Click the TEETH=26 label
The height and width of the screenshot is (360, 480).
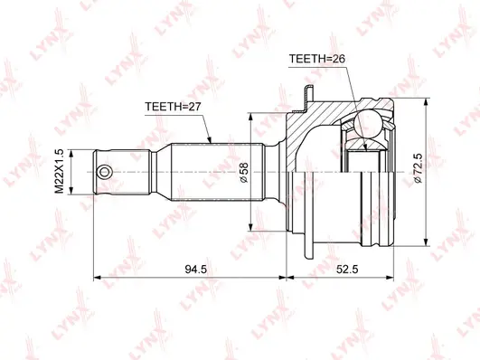317,59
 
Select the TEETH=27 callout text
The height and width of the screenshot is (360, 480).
174,107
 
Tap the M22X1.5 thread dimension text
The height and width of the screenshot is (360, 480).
60,170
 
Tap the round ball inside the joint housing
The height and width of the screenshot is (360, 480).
371,126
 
